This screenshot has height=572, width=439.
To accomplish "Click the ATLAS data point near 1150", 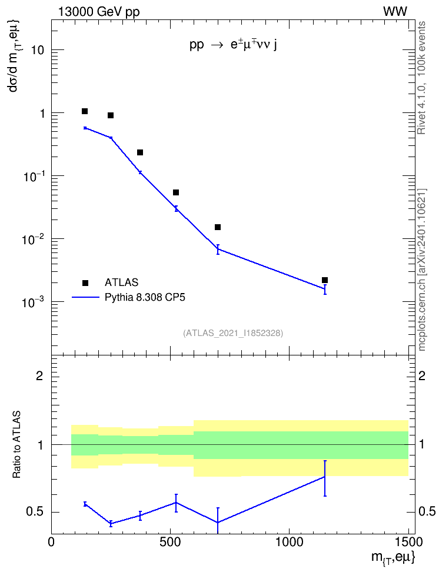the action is [x=325, y=280].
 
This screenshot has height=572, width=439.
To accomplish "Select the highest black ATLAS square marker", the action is [x=85, y=111].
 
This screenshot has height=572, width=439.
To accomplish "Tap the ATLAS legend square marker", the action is [x=85, y=282].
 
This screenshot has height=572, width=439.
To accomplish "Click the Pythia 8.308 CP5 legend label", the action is [x=145, y=297].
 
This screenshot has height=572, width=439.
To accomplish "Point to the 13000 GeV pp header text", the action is [x=98, y=12].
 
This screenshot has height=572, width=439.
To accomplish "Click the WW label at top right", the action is [x=395, y=12].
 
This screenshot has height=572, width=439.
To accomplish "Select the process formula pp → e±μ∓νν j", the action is [x=233, y=45].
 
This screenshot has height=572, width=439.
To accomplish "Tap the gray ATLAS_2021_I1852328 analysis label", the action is [x=233, y=333].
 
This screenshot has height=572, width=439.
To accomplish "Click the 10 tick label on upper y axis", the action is [x=38, y=50].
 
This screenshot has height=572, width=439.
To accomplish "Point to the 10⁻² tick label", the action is [x=34, y=240].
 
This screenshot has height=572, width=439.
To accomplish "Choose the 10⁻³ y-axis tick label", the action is [x=34, y=302].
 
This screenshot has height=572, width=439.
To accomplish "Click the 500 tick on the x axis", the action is [x=170, y=542].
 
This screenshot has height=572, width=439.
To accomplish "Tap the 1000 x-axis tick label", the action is [x=289, y=542].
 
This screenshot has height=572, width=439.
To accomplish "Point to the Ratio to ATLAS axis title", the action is [x=16, y=444].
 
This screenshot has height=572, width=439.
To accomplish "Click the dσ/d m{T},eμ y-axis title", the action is [x=15, y=56].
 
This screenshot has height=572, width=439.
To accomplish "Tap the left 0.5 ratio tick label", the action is [x=35, y=512].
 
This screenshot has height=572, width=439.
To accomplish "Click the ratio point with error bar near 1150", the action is [x=324, y=477].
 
